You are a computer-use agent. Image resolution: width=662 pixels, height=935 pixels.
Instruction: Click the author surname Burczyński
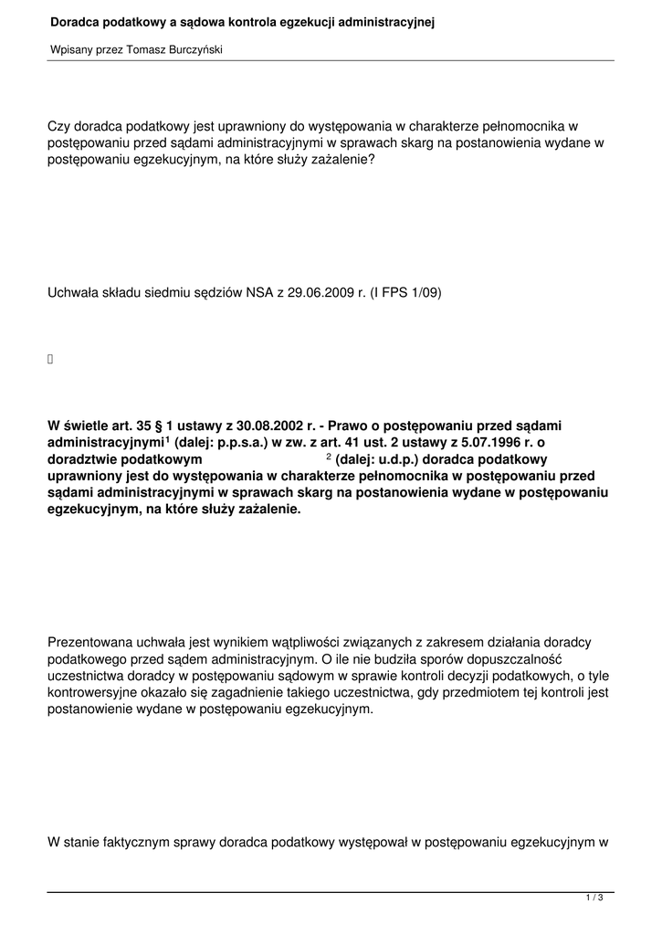[x=192, y=50]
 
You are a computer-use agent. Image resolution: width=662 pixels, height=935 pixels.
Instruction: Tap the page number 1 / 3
[x=594, y=898]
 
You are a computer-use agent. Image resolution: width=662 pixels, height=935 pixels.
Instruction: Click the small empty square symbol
[x=50, y=360]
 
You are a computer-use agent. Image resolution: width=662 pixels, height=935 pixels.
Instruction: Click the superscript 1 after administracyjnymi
[x=168, y=438]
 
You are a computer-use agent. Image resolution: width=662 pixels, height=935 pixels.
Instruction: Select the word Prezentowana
[x=89, y=642]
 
